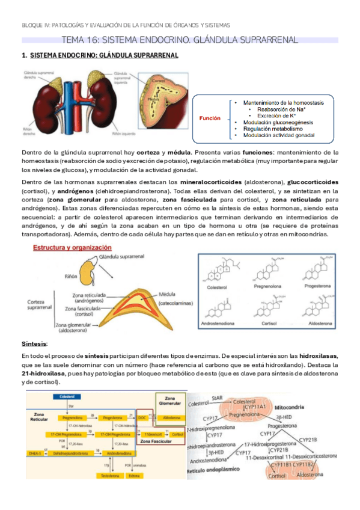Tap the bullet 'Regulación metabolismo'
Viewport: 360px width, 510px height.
pyautogui.click(x=267, y=128)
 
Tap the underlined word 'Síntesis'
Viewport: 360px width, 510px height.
pyautogui.click(x=34, y=343)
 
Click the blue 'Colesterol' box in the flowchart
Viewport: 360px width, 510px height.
pyautogui.click(x=62, y=396)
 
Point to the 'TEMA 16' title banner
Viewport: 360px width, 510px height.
pyautogui.click(x=180, y=40)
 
